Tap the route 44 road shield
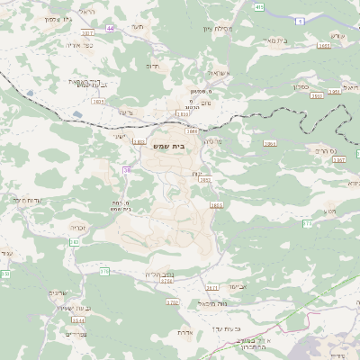[110, 29]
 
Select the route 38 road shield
[127, 169]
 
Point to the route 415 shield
[260, 7]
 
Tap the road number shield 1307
[338, 159]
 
